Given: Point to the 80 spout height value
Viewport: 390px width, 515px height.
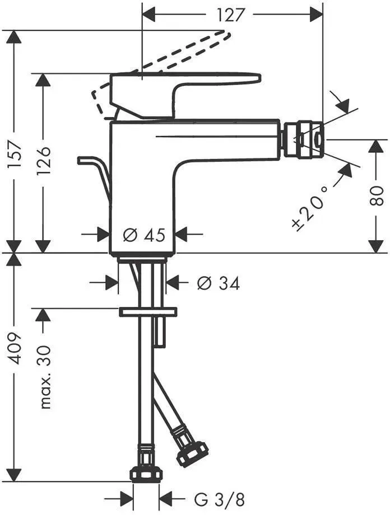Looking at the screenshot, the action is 377,196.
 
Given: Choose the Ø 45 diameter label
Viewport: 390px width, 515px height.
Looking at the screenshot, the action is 144,235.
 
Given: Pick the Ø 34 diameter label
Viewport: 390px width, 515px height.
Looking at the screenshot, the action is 219,283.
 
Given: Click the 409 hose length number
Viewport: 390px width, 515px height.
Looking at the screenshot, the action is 15,349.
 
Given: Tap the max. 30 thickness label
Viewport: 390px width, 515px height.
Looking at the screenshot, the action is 45,376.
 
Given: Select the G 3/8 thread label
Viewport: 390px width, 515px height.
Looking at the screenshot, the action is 219,500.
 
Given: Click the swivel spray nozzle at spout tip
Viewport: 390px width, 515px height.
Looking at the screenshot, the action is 303,139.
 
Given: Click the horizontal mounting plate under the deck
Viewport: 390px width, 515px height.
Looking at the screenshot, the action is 148,312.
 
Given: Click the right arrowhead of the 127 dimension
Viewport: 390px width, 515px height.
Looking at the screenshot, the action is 317,15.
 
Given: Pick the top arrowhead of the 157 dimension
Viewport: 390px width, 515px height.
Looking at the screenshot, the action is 14,36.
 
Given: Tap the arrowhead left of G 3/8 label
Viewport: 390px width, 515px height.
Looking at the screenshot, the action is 127,500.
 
